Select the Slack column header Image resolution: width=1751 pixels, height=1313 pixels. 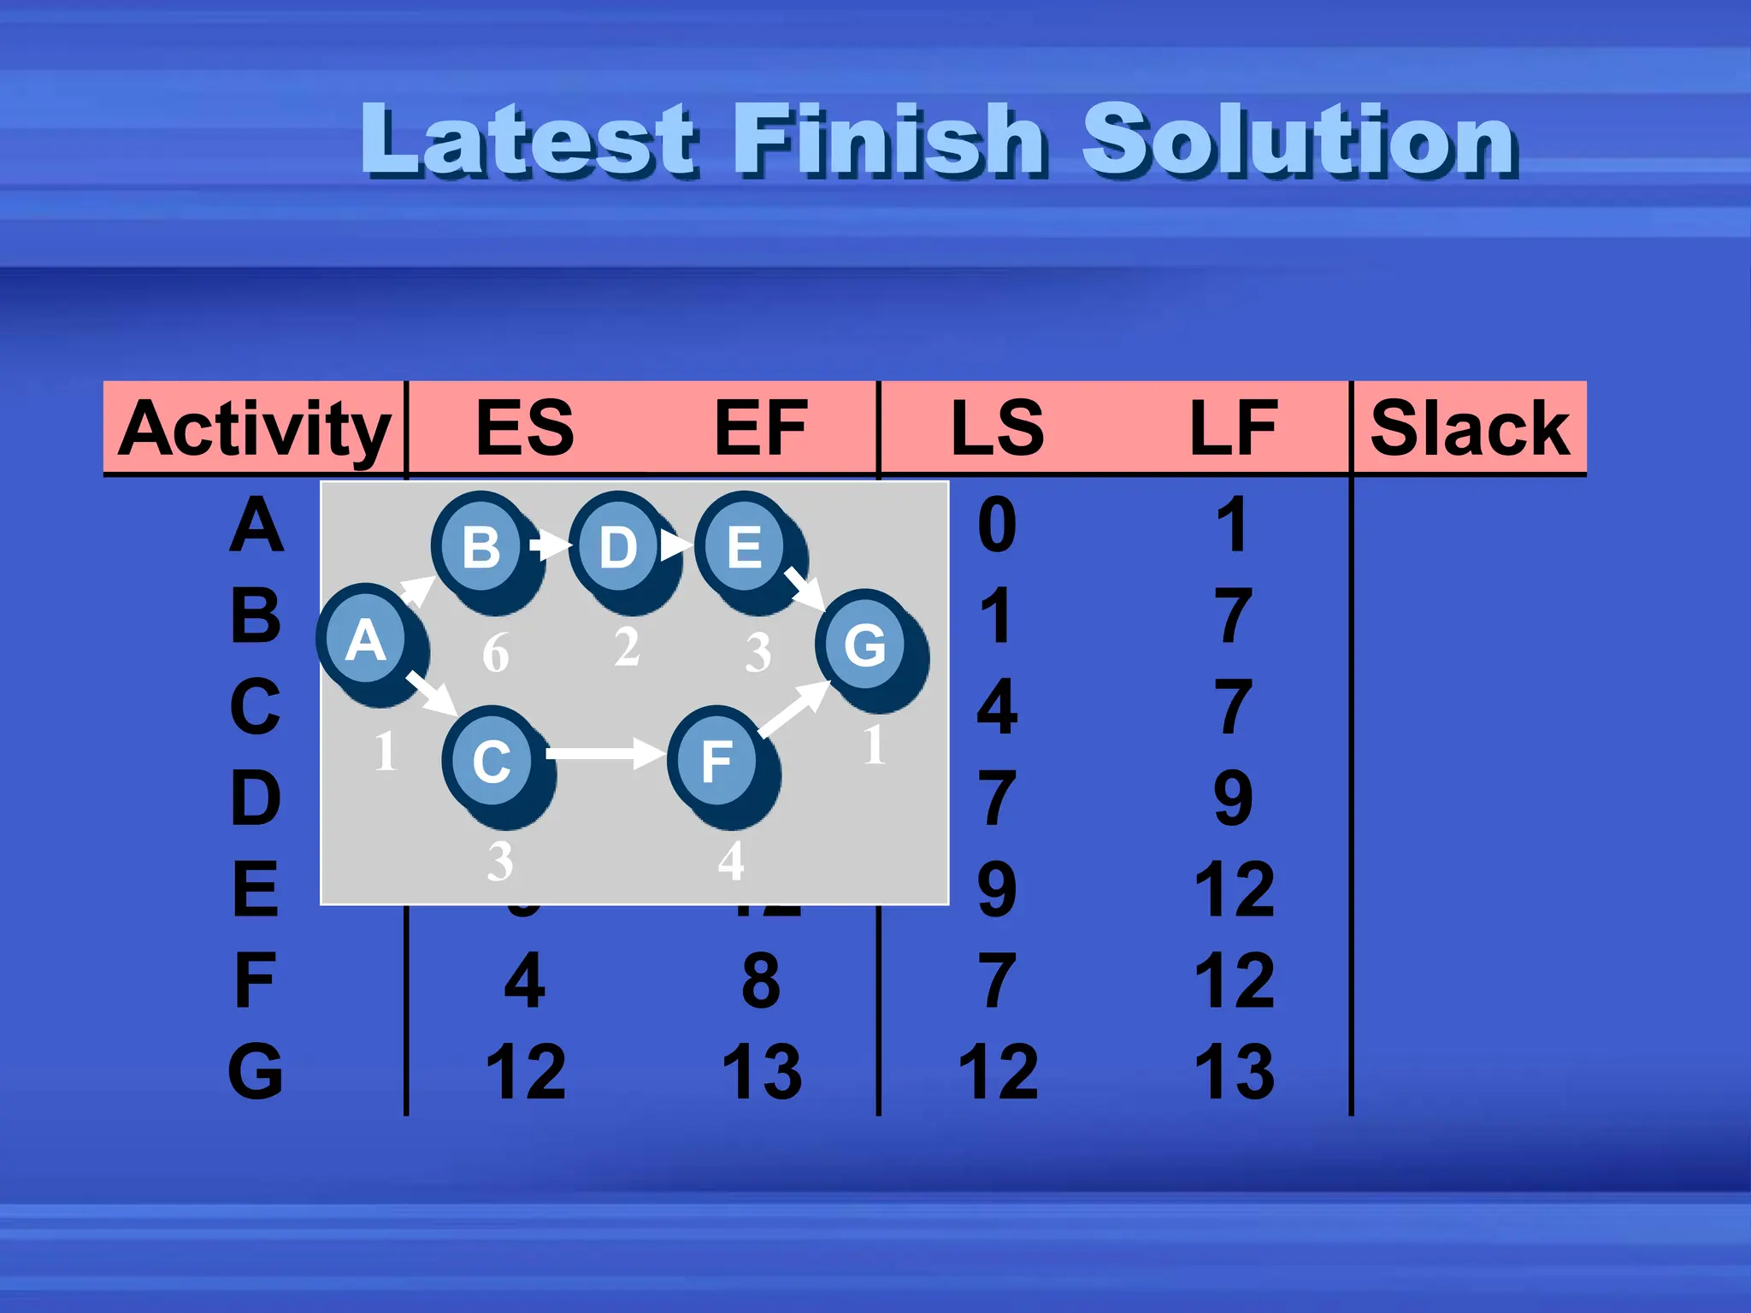1470,428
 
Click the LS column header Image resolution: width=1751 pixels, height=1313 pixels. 997,428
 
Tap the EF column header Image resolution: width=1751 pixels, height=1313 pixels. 760,428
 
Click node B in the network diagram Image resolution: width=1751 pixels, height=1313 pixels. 481,547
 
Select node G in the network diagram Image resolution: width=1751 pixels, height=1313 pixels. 865,645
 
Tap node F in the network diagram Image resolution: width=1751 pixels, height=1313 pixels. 716,760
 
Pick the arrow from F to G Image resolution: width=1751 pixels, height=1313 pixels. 793,709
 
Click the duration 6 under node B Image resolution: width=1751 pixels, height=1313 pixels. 495,653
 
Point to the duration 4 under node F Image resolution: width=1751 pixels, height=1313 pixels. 731,861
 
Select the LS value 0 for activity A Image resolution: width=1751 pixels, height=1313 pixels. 997,525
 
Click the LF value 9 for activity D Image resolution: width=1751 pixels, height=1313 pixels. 1233,798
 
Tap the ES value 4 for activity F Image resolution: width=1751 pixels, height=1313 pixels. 524,980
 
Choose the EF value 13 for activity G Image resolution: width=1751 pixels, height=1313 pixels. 761,1072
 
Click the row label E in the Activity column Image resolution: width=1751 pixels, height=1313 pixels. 255,890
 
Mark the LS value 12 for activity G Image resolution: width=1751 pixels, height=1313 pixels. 997,1072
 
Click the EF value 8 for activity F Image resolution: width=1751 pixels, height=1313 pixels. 761,980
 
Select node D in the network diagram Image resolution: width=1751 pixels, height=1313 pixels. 618,547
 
